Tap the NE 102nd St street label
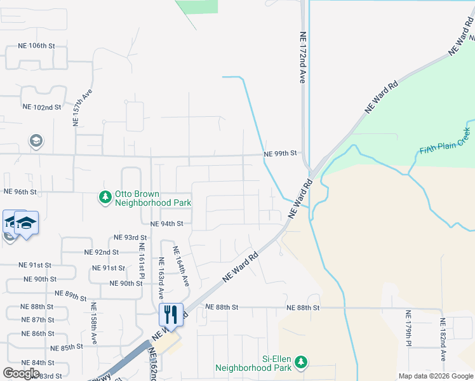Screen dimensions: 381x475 [41, 107]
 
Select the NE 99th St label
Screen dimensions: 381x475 [281, 154]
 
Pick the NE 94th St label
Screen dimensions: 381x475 [166, 224]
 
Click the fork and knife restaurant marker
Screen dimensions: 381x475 [170, 314]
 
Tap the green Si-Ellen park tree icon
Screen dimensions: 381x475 [301, 362]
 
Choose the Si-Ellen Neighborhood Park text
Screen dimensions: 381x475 [253, 363]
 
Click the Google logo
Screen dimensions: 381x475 [21, 373]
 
